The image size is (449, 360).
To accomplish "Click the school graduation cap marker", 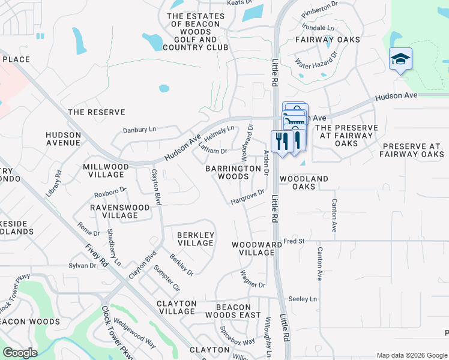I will click(x=400, y=59).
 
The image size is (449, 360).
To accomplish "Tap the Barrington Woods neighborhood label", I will click(x=234, y=173).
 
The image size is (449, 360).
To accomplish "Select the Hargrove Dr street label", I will click(x=247, y=197).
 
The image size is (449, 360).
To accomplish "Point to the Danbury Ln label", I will click(x=139, y=129).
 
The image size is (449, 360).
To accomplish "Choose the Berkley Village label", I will click(x=196, y=239).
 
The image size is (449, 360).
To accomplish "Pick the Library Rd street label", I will click(x=54, y=184).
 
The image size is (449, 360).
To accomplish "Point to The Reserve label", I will click(x=97, y=112).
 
